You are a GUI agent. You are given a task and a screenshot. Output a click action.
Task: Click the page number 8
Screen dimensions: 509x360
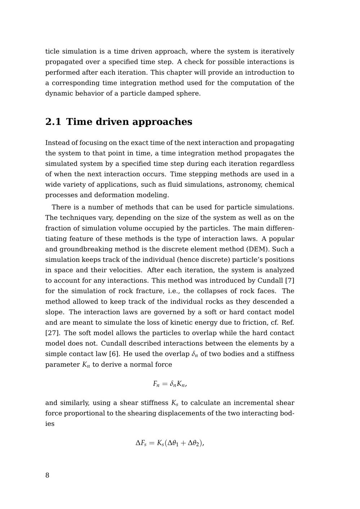click(x=47, y=475)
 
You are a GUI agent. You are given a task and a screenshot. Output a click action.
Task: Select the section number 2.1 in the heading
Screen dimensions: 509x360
click(x=53, y=122)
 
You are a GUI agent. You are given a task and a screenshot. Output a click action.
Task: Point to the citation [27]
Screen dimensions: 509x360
click(x=52, y=333)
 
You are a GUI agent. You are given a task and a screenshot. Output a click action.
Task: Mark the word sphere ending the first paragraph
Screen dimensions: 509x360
click(x=188, y=94)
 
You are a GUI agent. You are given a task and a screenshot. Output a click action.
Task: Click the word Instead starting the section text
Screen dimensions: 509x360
click(x=58, y=143)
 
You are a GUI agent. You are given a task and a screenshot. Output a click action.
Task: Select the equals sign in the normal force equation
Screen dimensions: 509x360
click(x=165, y=384)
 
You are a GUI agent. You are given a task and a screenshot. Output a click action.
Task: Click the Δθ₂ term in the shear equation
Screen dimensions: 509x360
click(x=193, y=443)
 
